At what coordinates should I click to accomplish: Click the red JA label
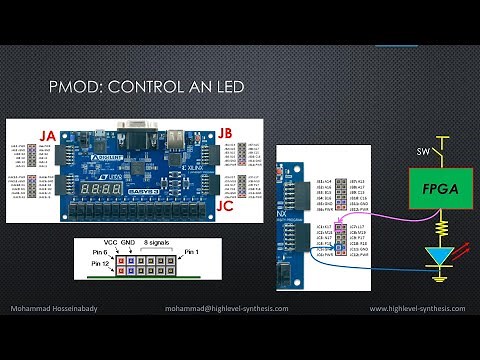(x=46, y=135)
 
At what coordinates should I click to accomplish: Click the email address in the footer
(x=227, y=308)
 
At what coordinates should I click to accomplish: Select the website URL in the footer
(x=419, y=308)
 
